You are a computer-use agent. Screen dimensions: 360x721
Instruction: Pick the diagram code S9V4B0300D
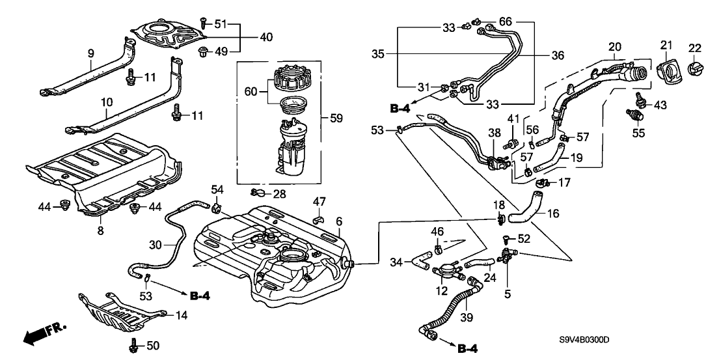(x=588, y=339)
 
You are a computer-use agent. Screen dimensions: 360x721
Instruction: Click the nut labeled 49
(x=202, y=51)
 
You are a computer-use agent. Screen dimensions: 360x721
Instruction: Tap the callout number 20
(x=615, y=46)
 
